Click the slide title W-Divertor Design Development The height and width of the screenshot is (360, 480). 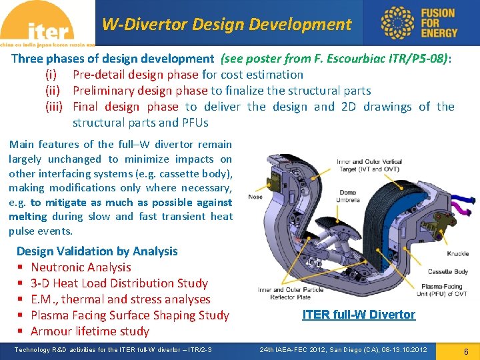tap(226, 25)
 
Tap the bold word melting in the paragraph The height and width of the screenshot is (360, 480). tap(27, 217)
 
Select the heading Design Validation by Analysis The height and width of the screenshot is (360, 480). tap(97, 251)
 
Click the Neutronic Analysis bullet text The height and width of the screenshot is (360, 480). tap(81, 267)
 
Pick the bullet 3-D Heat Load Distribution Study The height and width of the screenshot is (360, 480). tap(119, 283)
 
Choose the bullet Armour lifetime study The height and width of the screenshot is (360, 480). tap(90, 331)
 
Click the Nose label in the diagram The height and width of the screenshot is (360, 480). tap(255, 197)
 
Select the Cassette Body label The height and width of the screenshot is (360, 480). tap(447, 272)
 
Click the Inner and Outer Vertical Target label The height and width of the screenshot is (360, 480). tap(369, 165)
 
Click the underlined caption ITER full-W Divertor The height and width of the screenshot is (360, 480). tap(359, 315)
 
